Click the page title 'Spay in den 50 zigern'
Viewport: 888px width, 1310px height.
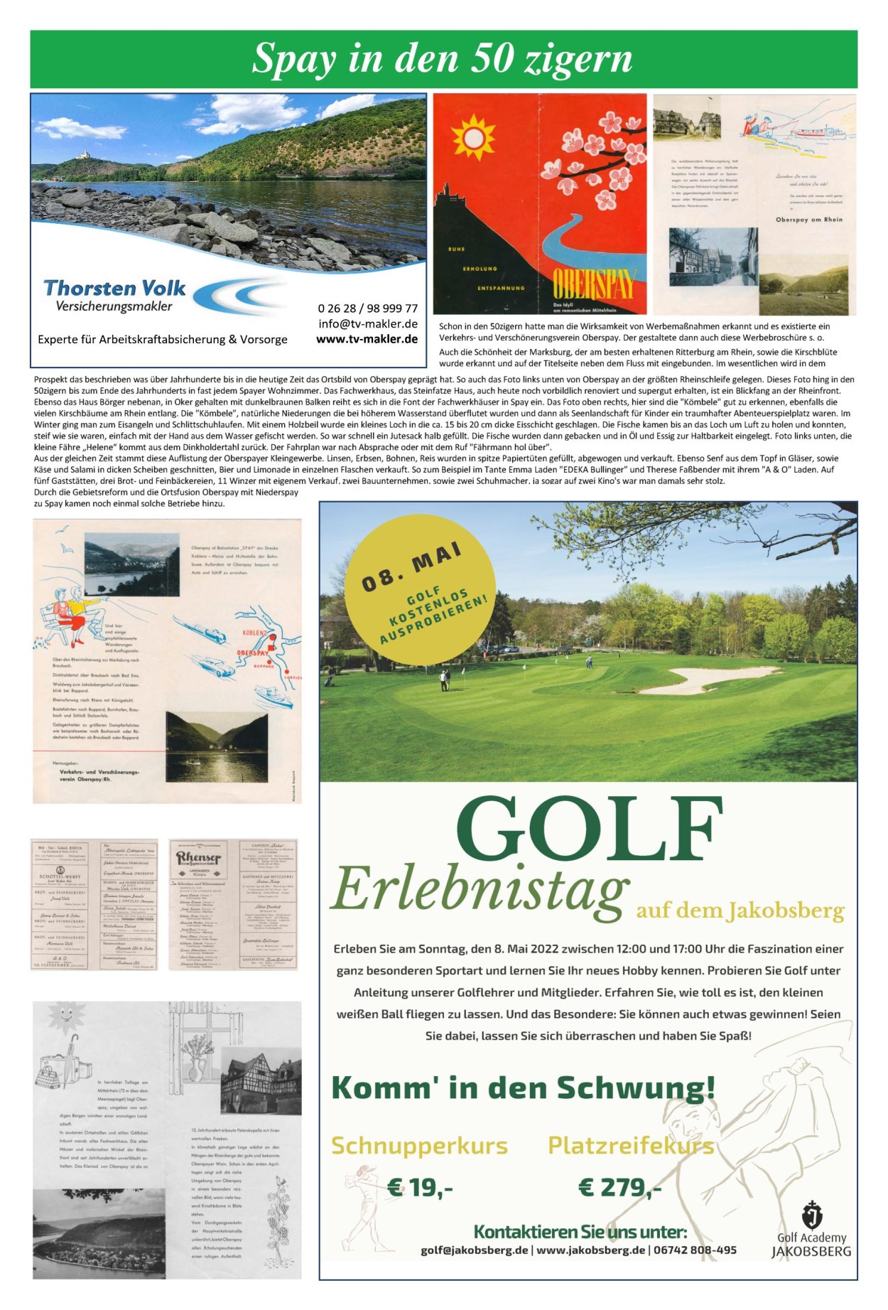coord(442,58)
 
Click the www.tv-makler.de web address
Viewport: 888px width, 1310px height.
coord(367,339)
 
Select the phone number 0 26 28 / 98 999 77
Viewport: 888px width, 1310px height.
coord(367,308)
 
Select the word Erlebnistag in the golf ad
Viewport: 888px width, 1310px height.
coord(480,889)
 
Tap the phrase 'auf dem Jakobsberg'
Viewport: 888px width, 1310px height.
coord(740,911)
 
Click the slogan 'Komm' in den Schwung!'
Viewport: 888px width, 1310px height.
coord(523,1088)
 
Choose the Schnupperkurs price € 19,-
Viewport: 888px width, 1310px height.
coord(420,1187)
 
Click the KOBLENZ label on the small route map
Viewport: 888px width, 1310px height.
coord(254,633)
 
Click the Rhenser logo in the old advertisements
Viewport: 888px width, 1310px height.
coord(199,859)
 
